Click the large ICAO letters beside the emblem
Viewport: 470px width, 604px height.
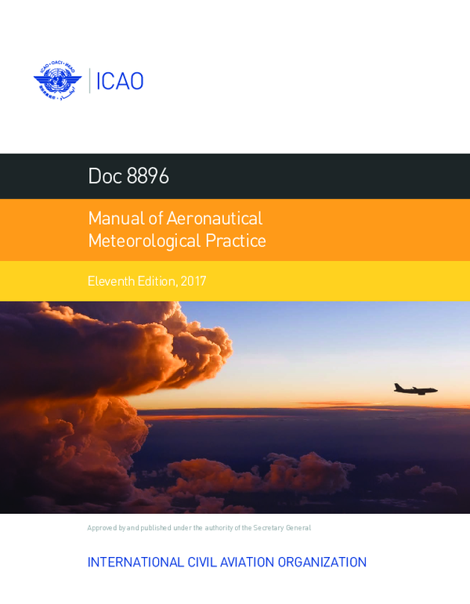119,81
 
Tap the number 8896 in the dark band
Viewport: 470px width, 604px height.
148,176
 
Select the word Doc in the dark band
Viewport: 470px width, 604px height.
105,176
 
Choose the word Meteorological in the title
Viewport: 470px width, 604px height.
145,241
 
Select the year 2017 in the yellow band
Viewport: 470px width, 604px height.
193,280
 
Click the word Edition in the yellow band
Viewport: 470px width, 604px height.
155,280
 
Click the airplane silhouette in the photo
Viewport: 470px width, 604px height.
415,389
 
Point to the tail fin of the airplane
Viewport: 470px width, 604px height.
398,385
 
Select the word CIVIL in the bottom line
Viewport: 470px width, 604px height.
201,562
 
